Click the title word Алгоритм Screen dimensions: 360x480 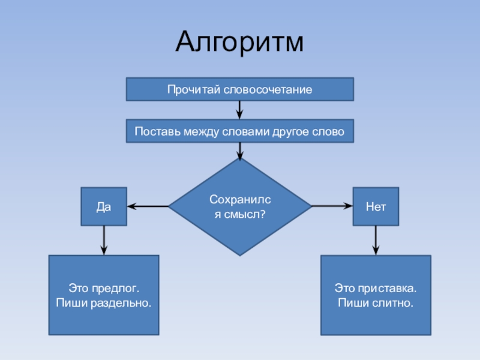[240, 43]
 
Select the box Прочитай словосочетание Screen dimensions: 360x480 [239, 89]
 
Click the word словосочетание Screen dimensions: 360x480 [267, 90]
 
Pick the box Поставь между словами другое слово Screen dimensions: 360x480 [239, 131]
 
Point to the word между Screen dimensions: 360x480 [197, 131]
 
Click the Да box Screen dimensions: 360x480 [104, 206]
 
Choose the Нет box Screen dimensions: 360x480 [375, 206]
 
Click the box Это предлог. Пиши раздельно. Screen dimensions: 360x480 [104, 295]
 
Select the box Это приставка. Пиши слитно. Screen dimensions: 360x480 [375, 295]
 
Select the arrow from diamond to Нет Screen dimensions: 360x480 [332, 206]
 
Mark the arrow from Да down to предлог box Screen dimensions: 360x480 [104, 240]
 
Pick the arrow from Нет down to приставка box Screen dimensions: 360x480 [376, 240]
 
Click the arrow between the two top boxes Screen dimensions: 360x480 [239, 110]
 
